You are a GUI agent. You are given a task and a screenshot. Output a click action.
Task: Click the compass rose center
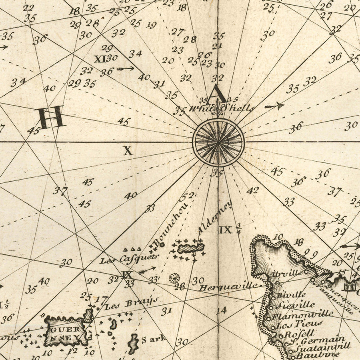pos(218,142)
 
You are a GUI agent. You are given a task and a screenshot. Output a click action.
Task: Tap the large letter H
pos(51,117)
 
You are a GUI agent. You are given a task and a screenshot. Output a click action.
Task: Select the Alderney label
pos(215,218)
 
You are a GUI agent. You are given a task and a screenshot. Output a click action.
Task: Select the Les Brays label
pos(131,304)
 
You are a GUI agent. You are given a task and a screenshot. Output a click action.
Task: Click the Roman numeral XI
pos(100,59)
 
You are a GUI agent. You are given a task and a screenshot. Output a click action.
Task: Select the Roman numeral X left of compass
pos(128,151)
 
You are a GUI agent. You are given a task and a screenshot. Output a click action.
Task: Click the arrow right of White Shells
pos(274,106)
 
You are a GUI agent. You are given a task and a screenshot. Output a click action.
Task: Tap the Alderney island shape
pos(190,249)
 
